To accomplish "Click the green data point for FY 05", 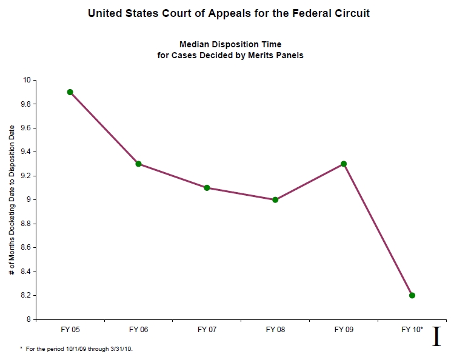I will (x=70, y=92).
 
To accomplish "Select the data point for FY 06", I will (x=139, y=164).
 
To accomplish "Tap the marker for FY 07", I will (x=207, y=188).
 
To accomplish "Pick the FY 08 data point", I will (x=275, y=199).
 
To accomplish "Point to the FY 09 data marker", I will (x=344, y=164).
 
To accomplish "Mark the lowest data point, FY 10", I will (x=412, y=295).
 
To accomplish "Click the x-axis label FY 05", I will (x=70, y=330).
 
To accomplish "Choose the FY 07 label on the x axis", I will (x=207, y=330).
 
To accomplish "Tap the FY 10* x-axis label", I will (x=412, y=330).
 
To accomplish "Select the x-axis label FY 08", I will (x=275, y=330).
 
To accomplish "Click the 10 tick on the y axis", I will (x=26, y=80).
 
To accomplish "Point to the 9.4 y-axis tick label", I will (x=24, y=152).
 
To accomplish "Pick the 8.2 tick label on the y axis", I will (x=24, y=296).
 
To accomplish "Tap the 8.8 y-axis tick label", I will (x=24, y=224).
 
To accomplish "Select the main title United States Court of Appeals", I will (x=230, y=12).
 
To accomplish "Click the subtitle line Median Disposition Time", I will (x=230, y=44).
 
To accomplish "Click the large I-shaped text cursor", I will (x=436, y=336).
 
